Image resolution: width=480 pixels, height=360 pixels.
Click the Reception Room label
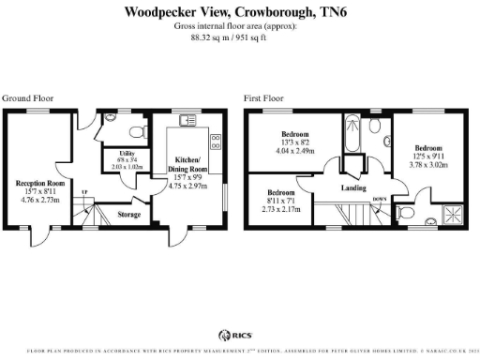(x=40, y=183)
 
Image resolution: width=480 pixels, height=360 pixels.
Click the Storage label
(x=129, y=215)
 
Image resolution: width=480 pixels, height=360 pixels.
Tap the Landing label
(x=352, y=187)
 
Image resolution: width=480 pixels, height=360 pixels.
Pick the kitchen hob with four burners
(x=215, y=142)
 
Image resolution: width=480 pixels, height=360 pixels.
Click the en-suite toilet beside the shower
(x=406, y=215)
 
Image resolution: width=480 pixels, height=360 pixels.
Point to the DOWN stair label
(x=379, y=199)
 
